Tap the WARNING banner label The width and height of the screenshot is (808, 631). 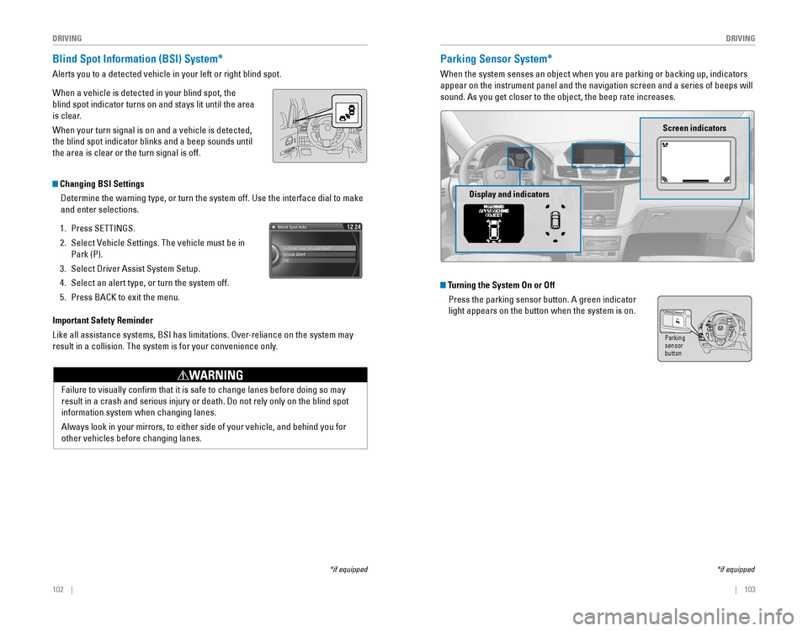(210, 375)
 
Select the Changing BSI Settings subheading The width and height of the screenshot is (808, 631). (102, 183)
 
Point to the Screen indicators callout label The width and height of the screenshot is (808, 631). (694, 128)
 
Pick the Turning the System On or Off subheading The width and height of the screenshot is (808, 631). (501, 284)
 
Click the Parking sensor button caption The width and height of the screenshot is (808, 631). (674, 346)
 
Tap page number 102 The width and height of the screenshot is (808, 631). (57, 589)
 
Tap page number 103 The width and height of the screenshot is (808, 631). (749, 589)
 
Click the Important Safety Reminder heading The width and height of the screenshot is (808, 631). (103, 321)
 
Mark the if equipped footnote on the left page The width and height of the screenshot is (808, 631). (348, 570)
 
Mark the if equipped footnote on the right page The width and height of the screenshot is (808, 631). (736, 570)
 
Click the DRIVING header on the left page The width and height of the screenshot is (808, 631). (66, 39)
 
